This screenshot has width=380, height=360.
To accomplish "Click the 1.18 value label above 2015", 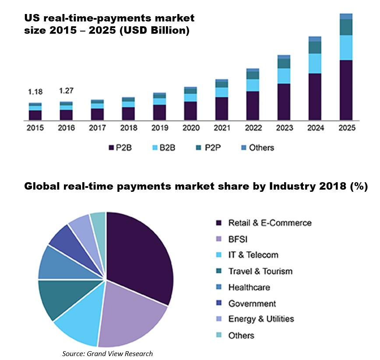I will click(x=35, y=92).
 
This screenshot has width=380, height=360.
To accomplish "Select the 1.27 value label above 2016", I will click(x=66, y=92).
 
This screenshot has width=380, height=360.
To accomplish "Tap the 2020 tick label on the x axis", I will click(x=190, y=128).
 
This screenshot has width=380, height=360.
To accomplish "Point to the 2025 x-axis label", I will click(x=346, y=128).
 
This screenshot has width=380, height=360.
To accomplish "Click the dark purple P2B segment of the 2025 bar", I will click(x=346, y=90).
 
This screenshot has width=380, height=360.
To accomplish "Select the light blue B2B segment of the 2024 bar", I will click(x=315, y=64).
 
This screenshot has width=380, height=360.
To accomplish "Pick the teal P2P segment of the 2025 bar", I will click(x=346, y=27).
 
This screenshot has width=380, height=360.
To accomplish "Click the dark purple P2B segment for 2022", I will click(x=253, y=105).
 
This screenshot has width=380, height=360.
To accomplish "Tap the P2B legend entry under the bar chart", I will click(x=120, y=148).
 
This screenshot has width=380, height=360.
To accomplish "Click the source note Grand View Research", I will click(x=107, y=353).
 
